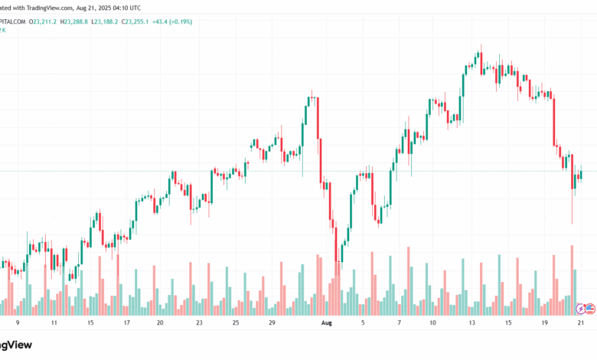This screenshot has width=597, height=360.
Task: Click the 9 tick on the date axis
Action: coord(18,323)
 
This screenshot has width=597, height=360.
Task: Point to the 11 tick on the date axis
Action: coord(54,323)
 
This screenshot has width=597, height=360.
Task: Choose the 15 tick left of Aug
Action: coord(90,323)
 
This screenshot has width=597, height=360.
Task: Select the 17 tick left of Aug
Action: coord(126,323)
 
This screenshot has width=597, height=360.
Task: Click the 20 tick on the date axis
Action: coord(160,323)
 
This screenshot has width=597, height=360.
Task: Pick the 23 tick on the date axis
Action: coord(198,323)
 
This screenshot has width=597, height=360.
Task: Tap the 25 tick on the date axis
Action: coord(235,323)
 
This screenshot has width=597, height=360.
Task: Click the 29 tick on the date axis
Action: coord(272,323)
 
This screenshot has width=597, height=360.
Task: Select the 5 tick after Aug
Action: coord(363,323)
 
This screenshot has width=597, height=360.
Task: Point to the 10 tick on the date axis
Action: coord(432,323)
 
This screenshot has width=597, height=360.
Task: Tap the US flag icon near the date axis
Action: coord(590,308)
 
